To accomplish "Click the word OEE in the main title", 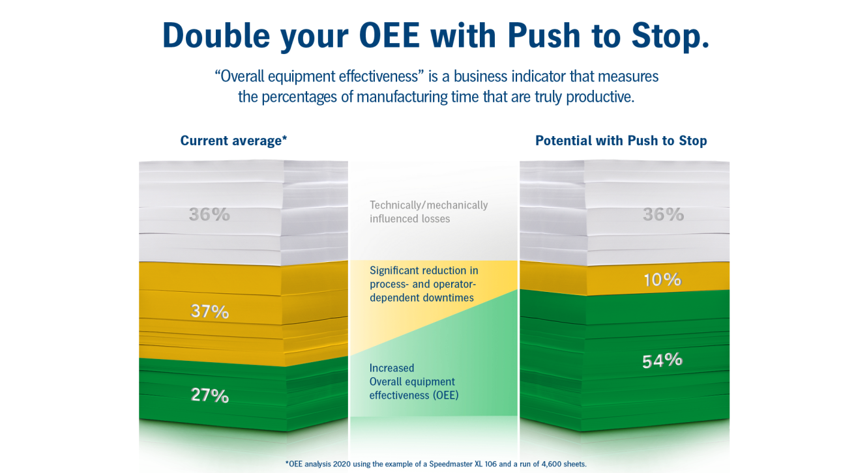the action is click(x=389, y=35).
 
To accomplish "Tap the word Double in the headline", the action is click(x=216, y=35).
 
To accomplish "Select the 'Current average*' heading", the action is click(x=233, y=141).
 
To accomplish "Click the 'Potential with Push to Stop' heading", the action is click(x=621, y=141).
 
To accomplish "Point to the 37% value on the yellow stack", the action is click(x=209, y=311).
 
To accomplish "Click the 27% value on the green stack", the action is click(x=209, y=395).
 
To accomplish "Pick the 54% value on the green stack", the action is click(x=662, y=360).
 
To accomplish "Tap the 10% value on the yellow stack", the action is click(x=662, y=279).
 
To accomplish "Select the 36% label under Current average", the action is click(x=209, y=214).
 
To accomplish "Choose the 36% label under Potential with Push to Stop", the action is click(x=664, y=214).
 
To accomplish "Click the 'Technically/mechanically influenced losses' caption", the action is click(x=429, y=212).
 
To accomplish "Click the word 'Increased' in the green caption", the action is click(x=392, y=368).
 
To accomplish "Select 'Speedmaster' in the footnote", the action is click(x=450, y=464).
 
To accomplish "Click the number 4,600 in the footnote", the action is click(x=551, y=464).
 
